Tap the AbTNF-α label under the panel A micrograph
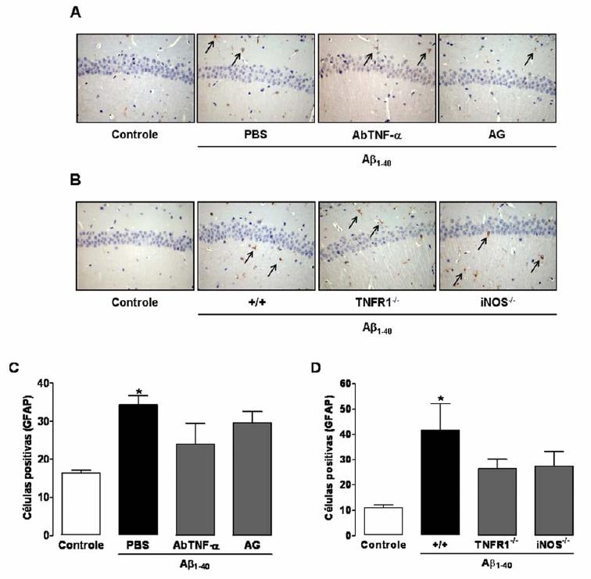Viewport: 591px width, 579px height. click(378, 134)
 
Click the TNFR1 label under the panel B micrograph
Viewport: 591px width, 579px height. click(379, 301)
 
